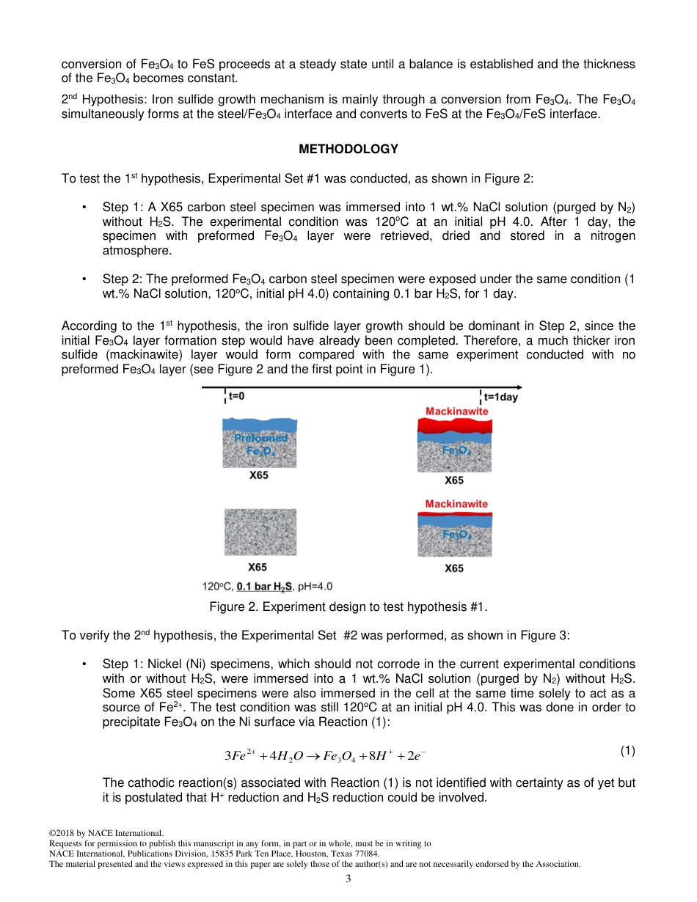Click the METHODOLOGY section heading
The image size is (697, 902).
point(348,149)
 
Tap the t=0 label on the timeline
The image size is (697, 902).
point(236,397)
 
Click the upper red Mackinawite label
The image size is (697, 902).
point(456,411)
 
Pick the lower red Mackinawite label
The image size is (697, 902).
point(456,504)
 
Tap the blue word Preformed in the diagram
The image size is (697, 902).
point(260,438)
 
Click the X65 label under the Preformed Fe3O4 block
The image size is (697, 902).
point(258,475)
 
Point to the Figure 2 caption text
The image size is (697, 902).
point(348,606)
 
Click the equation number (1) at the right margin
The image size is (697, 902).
point(627,750)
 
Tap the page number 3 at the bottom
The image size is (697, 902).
point(348,879)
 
